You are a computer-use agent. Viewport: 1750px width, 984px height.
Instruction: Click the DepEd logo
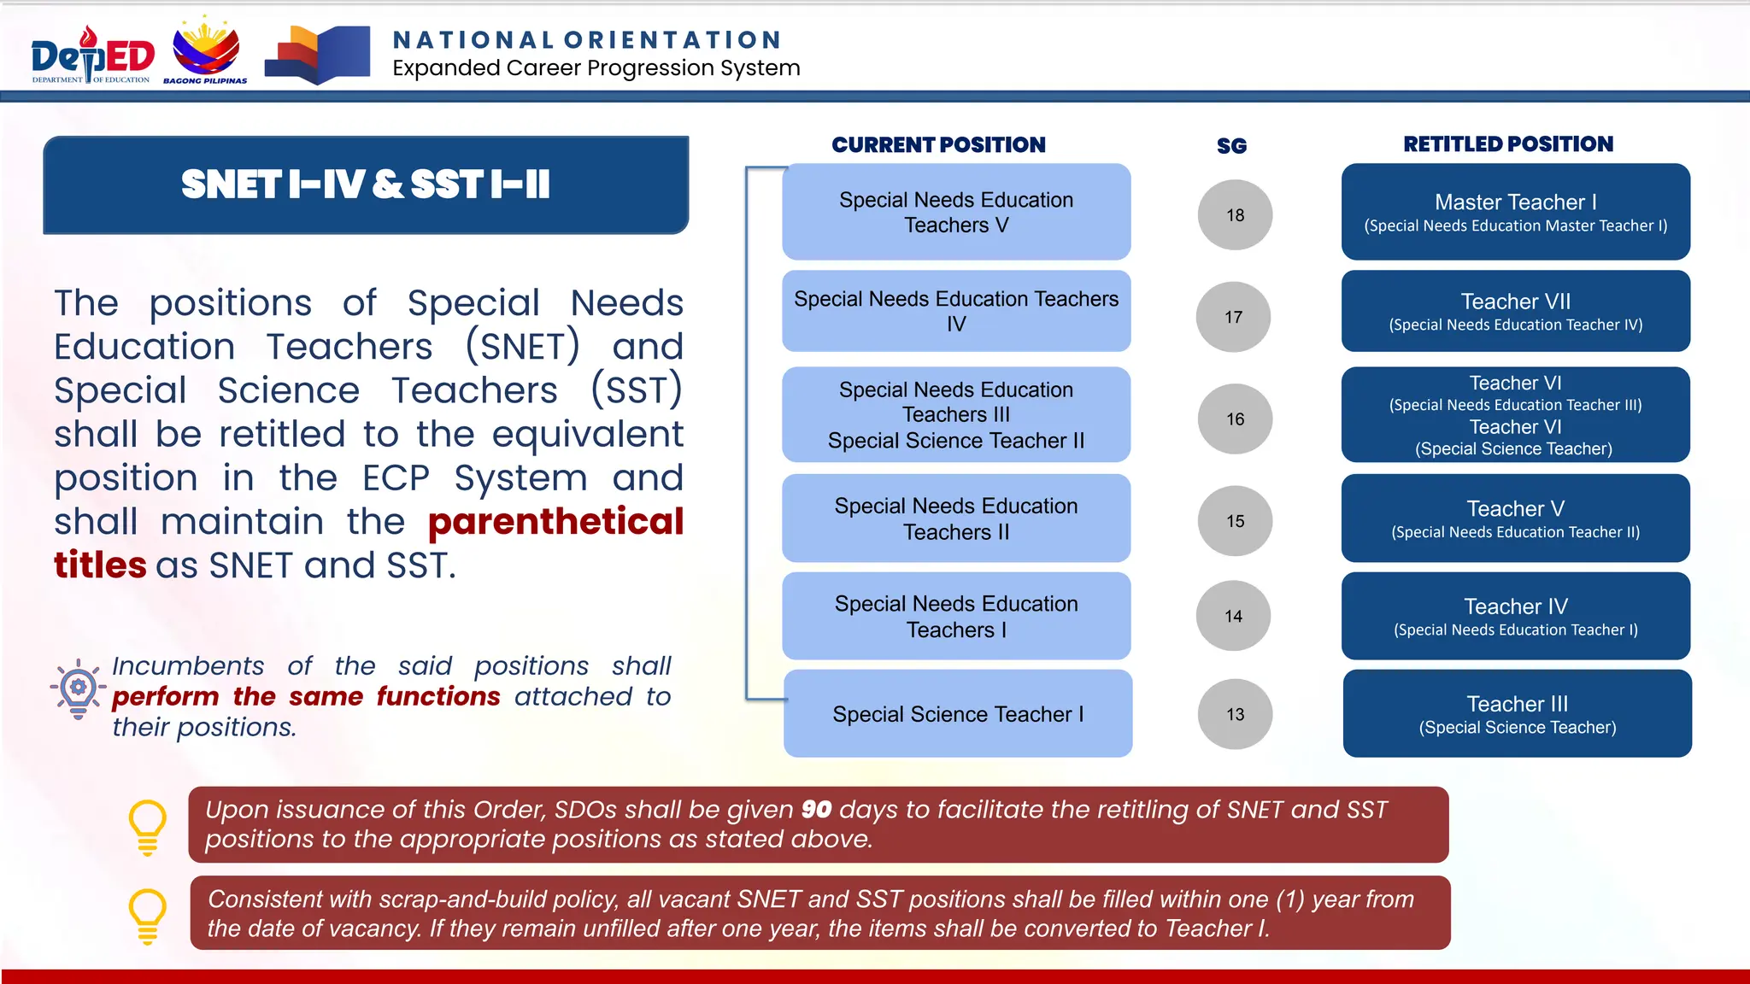[92, 56]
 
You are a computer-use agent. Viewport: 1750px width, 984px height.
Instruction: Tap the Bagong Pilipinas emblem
[206, 51]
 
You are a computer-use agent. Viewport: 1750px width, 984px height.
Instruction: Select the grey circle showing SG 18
[1235, 215]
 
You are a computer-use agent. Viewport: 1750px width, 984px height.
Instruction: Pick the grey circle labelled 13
[1235, 714]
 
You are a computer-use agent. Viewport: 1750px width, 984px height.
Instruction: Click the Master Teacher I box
[1515, 212]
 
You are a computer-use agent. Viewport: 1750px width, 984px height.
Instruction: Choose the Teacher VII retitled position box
[1515, 311]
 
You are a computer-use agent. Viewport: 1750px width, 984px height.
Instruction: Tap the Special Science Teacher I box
[958, 714]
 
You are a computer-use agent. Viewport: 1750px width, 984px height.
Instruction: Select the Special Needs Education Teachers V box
[956, 212]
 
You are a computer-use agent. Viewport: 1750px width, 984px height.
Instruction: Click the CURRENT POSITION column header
[938, 144]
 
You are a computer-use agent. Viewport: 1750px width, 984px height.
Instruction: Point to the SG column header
[1231, 146]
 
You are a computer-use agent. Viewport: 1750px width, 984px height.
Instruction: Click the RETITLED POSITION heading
[1508, 143]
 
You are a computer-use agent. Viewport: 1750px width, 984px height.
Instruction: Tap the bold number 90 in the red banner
[816, 809]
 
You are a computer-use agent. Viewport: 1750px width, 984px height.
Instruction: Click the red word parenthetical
[555, 521]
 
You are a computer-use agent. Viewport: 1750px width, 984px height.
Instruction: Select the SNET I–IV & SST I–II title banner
[366, 184]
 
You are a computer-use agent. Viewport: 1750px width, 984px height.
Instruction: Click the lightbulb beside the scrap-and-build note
[147, 915]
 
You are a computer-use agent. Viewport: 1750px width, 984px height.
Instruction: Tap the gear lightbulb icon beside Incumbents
[78, 688]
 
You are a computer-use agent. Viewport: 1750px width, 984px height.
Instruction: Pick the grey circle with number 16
[1235, 419]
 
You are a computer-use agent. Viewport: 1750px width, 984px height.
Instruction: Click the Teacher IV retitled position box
[1515, 616]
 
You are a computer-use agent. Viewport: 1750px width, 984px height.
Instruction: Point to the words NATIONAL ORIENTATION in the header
[587, 40]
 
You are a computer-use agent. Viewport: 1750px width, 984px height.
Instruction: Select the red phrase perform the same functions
[306, 696]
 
